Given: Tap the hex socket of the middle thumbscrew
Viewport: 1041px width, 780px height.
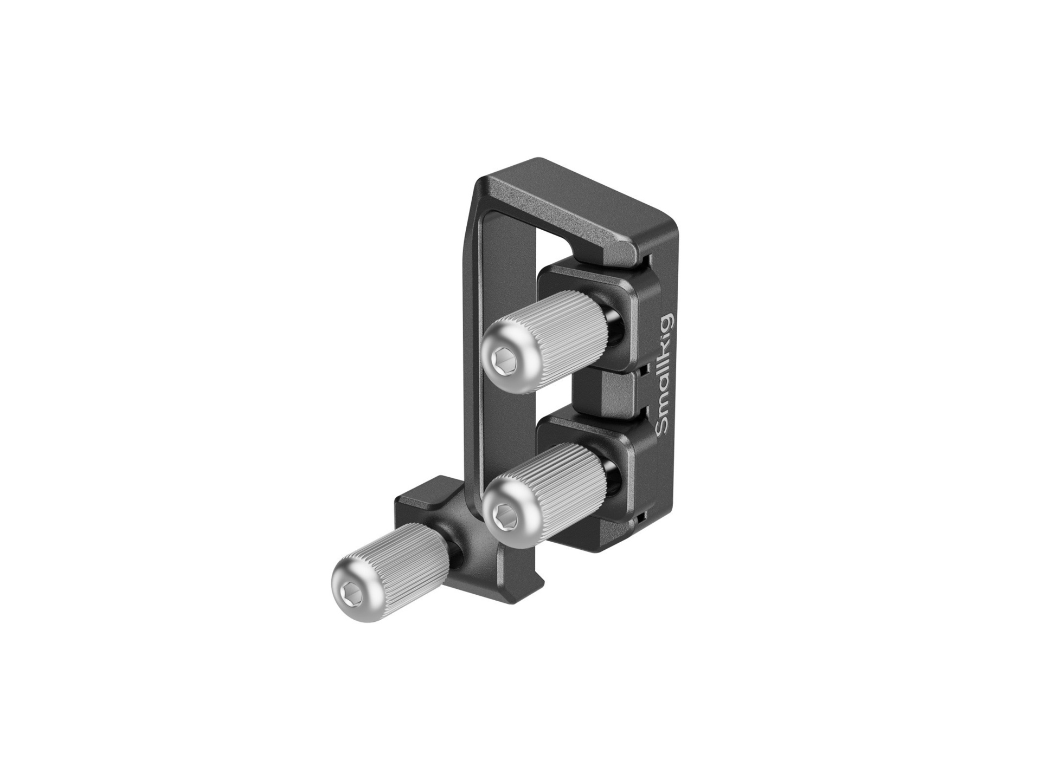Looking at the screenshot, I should tap(505, 511).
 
